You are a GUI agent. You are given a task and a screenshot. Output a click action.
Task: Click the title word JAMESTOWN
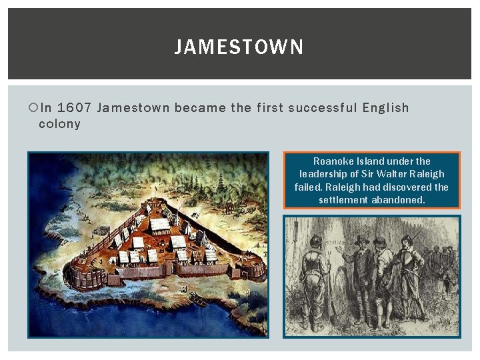point(239,47)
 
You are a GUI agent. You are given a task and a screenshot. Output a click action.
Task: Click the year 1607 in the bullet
point(74,108)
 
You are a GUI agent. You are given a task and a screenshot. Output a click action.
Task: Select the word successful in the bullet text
point(323,108)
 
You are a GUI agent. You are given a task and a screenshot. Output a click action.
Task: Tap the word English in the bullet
point(385,108)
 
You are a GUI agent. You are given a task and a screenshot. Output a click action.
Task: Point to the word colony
point(59,124)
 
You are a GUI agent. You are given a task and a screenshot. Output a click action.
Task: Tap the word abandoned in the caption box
point(398,200)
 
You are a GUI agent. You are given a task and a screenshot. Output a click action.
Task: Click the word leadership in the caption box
point(323,174)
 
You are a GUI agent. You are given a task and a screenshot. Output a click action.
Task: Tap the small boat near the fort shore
point(198,300)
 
